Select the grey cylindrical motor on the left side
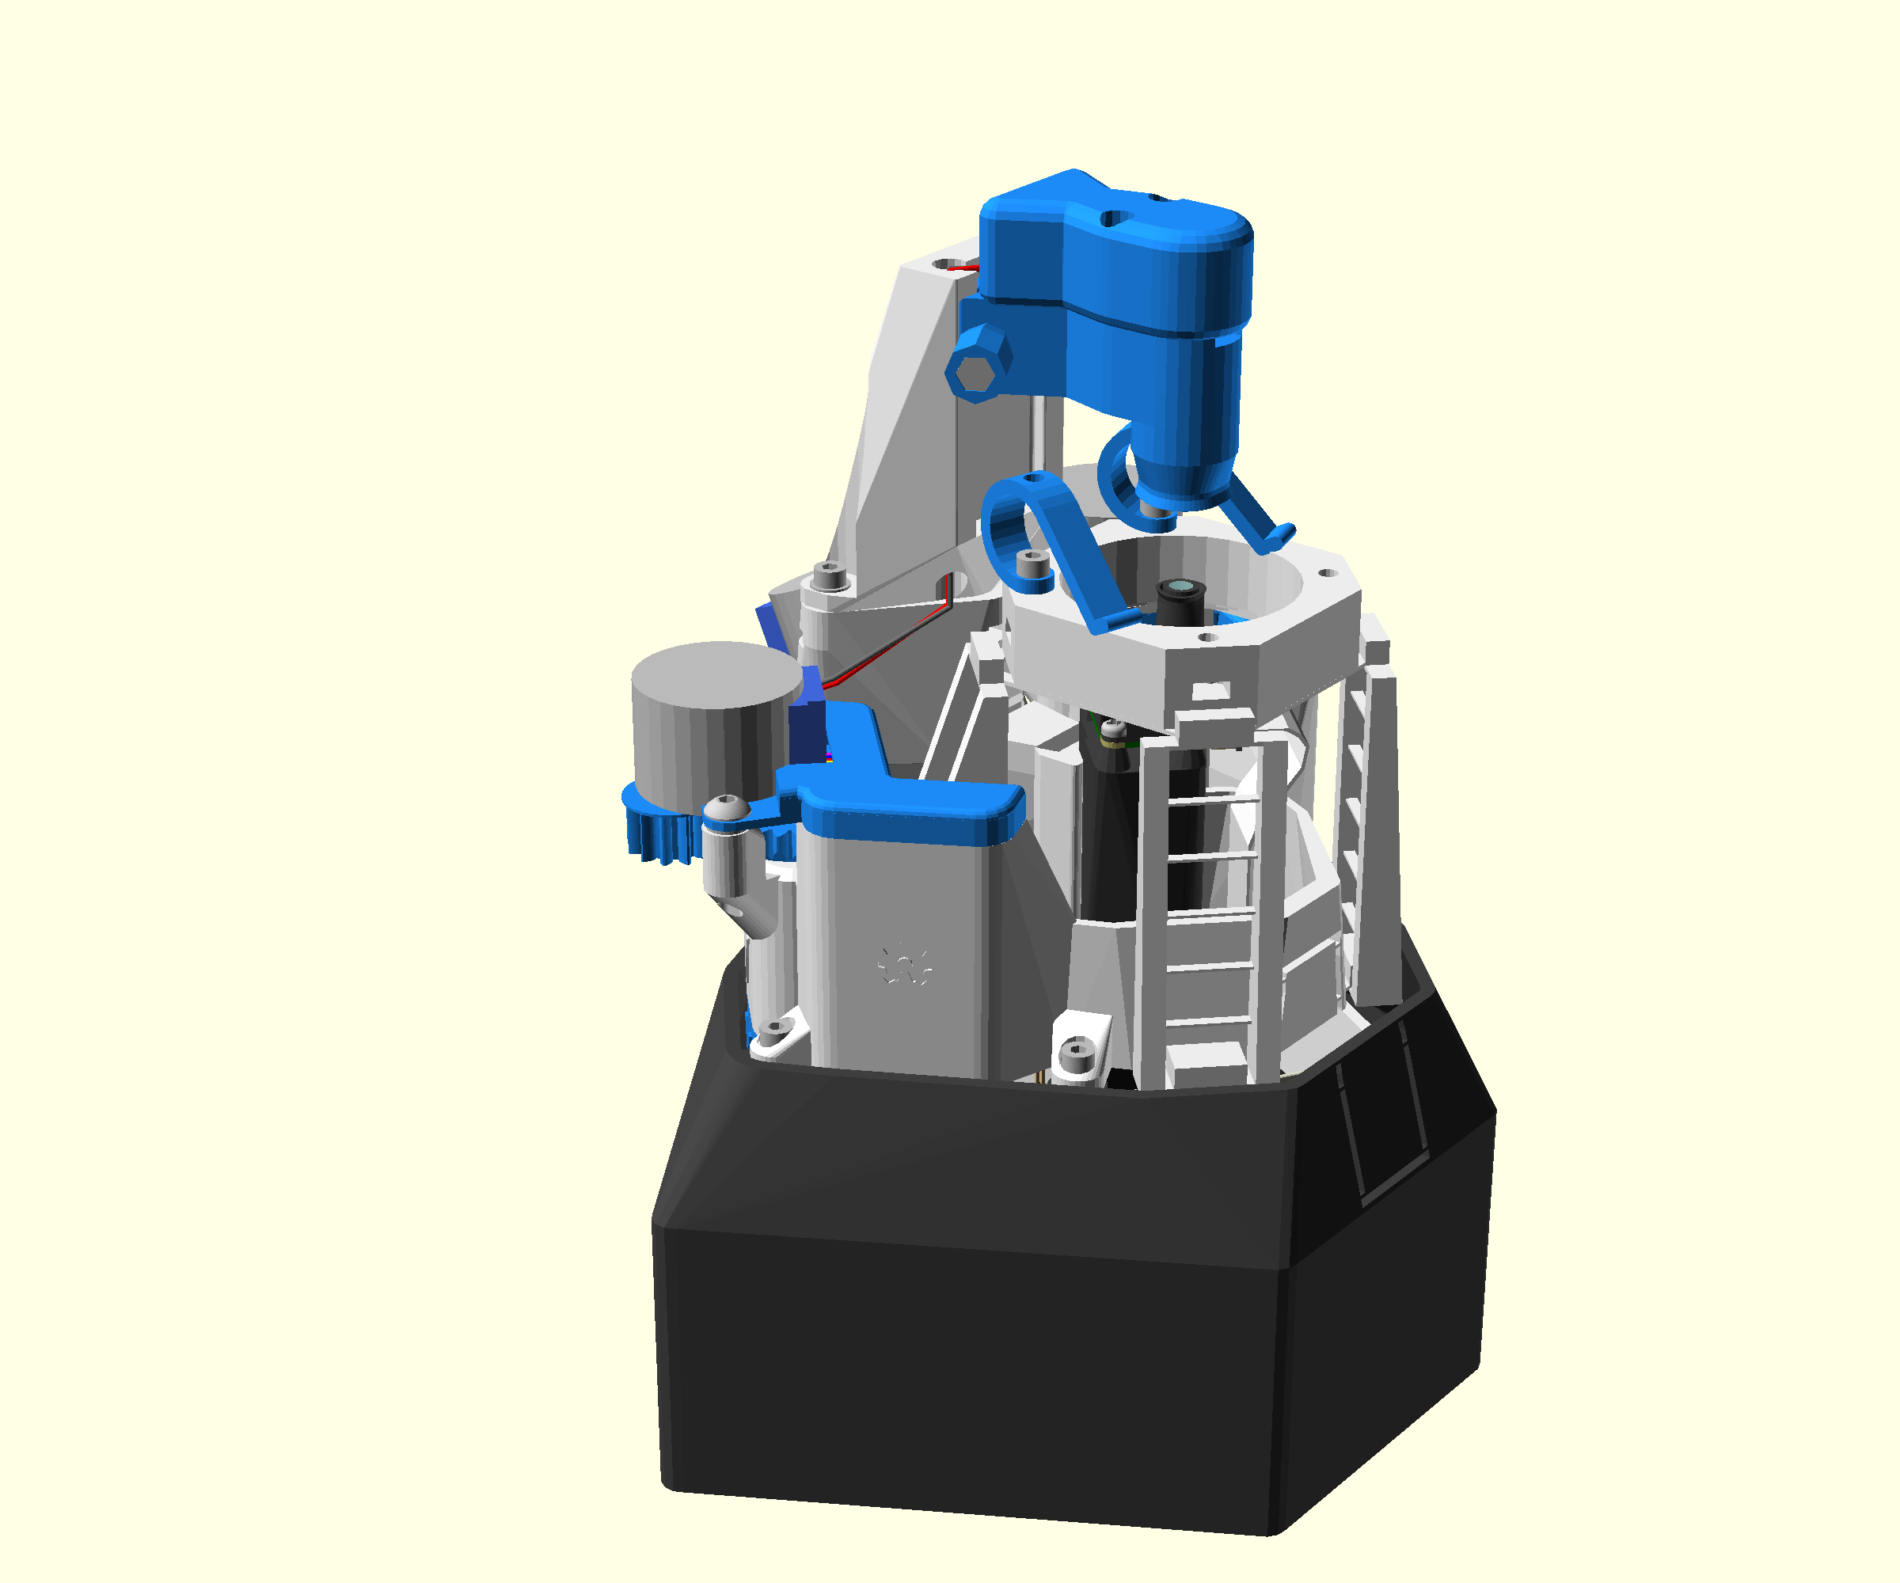[715, 723]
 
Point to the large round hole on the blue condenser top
[1115, 218]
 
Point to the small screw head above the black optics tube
[1115, 728]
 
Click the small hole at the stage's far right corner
[1328, 572]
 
